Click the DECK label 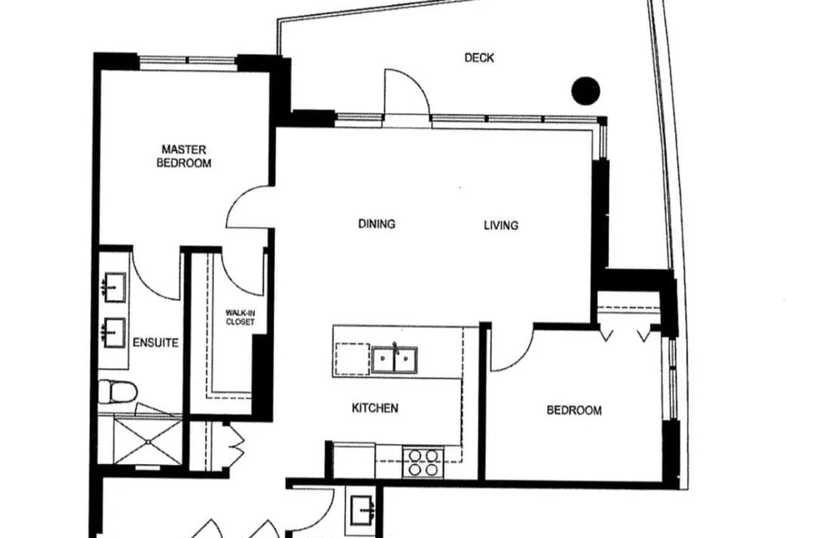(x=479, y=58)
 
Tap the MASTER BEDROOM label (x=184, y=156)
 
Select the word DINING (x=377, y=224)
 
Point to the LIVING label (x=501, y=225)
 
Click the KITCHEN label (x=375, y=409)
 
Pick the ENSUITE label (x=155, y=343)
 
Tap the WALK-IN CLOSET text (x=240, y=318)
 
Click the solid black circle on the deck (x=586, y=91)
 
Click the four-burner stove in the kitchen (x=423, y=462)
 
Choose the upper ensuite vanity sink (x=113, y=286)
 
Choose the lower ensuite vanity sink (x=113, y=332)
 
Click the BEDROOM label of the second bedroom (x=574, y=410)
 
